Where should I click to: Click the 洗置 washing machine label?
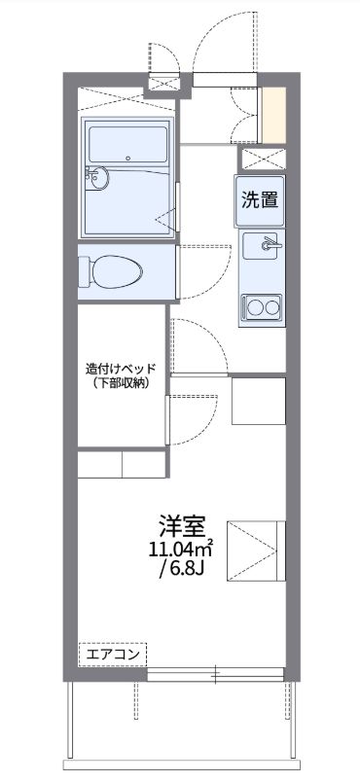(260, 201)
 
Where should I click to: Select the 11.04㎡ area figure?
(181, 550)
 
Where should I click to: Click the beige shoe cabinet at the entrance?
(275, 116)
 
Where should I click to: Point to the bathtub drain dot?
(128, 157)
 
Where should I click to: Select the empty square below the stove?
(258, 400)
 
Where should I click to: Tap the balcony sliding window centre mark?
(216, 674)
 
